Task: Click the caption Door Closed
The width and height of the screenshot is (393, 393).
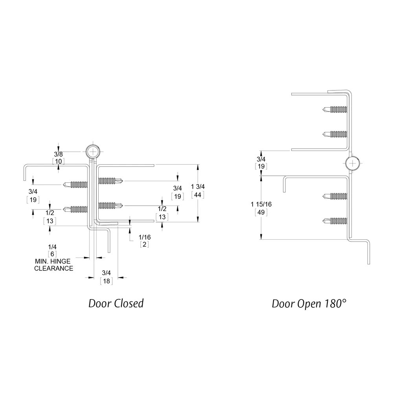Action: click(116, 303)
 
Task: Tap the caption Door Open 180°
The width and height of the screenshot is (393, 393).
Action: click(310, 303)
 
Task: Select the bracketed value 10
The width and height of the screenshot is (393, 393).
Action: click(58, 161)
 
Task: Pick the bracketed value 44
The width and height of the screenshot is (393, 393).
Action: click(198, 195)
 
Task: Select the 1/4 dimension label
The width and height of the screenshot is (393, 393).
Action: click(52, 246)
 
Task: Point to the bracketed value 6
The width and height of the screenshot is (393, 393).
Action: click(52, 254)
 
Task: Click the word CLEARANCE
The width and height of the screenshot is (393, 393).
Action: click(53, 269)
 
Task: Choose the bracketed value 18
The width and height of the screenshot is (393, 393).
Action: click(107, 281)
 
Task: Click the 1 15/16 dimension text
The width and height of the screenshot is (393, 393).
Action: click(261, 204)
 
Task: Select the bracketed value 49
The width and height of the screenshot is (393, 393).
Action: click(261, 213)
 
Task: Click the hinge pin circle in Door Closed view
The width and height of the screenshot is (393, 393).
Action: click(93, 151)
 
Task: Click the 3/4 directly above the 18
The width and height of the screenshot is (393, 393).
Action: click(107, 273)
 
